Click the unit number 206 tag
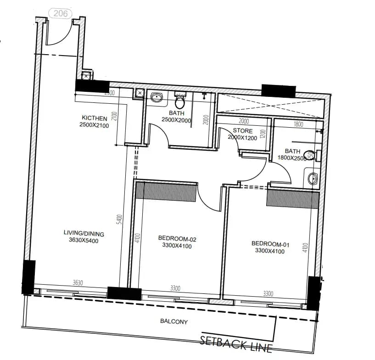(x=61, y=13)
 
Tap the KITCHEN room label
(x=95, y=118)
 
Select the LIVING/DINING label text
(x=81, y=233)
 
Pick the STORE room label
(x=243, y=131)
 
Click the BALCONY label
(x=174, y=322)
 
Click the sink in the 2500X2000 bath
(x=156, y=97)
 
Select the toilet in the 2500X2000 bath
(x=180, y=98)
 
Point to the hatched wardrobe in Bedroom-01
(x=293, y=199)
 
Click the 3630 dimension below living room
(x=78, y=283)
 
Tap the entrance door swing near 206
(x=59, y=33)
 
